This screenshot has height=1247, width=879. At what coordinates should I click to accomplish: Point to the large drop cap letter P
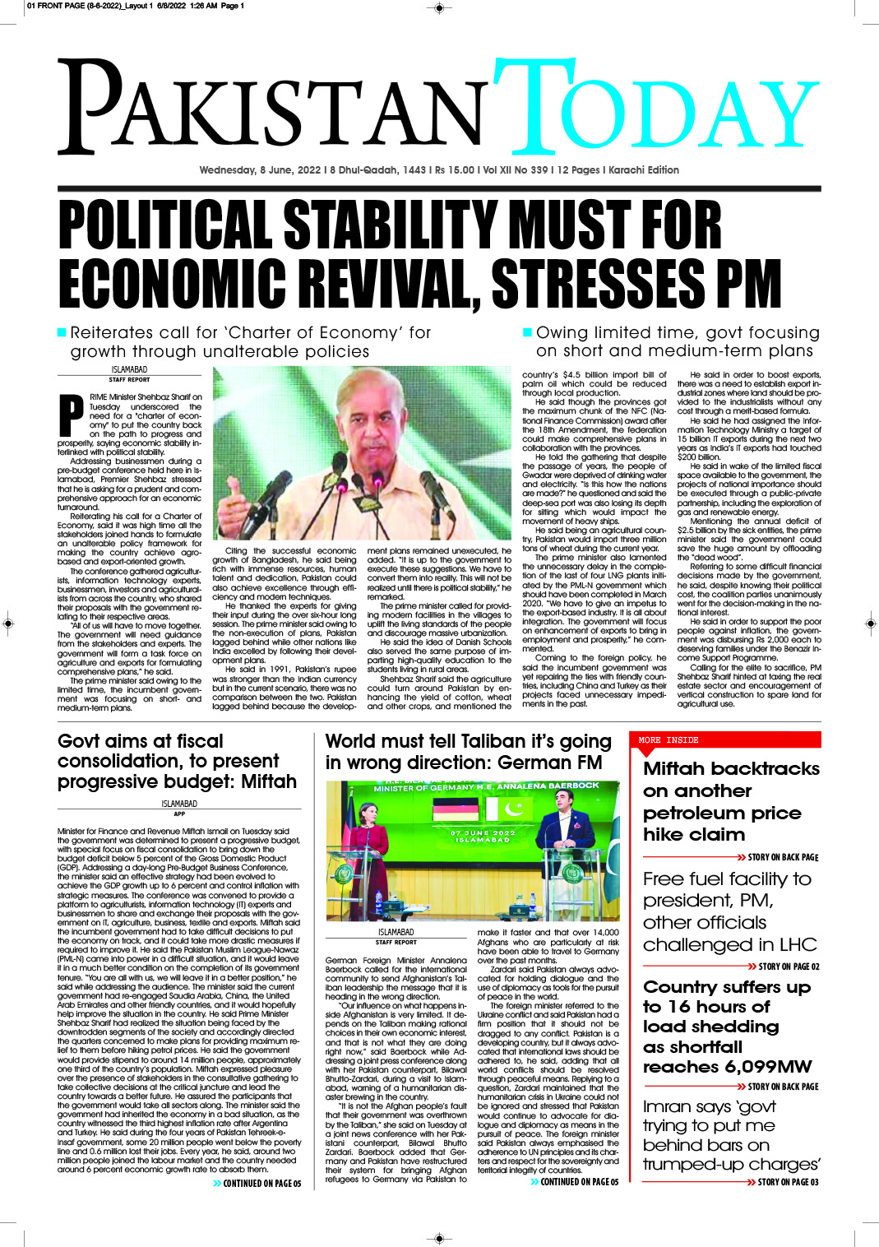pos(72,415)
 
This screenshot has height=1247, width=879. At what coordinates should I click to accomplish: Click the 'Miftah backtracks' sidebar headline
pos(730,801)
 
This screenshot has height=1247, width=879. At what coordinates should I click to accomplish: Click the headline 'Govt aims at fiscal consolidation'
pos(176,761)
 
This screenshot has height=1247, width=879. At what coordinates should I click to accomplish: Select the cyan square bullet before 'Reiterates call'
pos(62,332)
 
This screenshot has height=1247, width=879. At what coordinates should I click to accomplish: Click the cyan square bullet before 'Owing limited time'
pos(527,332)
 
